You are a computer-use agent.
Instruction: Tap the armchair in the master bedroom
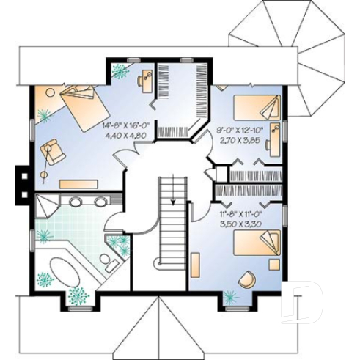[53, 150]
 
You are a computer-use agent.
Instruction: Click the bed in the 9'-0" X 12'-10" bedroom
[257, 109]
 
